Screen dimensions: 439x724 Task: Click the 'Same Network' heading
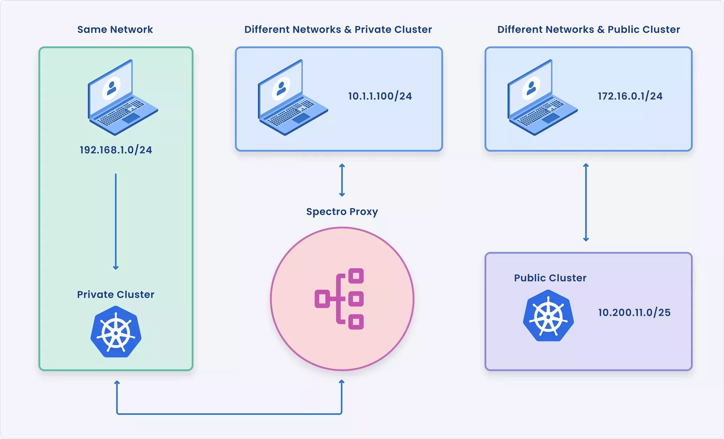[x=115, y=30]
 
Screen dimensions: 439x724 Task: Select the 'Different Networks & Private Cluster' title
[x=338, y=30]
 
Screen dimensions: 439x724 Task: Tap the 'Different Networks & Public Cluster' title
[x=588, y=30]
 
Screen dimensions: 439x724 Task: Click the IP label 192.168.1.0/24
[x=116, y=150]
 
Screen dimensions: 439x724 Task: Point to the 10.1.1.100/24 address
[x=380, y=96]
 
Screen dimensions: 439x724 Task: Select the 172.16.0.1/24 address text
[x=630, y=96]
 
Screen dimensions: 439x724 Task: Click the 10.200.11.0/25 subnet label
[x=634, y=312]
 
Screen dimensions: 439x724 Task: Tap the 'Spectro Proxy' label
[x=342, y=212]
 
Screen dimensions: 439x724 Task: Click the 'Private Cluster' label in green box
[x=116, y=295]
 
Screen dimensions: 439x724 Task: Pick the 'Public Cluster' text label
[x=550, y=278]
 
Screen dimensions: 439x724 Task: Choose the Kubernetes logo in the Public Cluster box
[x=548, y=316]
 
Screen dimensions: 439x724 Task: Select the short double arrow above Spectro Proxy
[x=342, y=180]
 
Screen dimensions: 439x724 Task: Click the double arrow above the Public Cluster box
[x=586, y=202]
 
